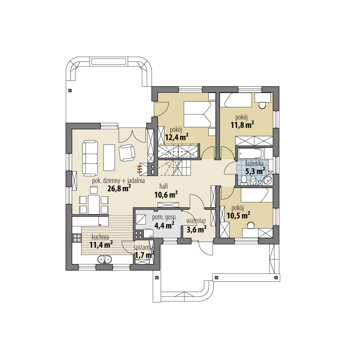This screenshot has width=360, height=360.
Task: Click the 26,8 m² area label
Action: pos(119,188)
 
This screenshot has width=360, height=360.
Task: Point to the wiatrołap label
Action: pos(196,221)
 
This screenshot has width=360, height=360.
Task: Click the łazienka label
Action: pos(255,163)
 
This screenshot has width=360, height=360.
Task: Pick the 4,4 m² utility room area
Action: pos(164,225)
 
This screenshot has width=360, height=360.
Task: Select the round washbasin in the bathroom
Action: pos(267,180)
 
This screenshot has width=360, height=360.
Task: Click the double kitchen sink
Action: pos(104,259)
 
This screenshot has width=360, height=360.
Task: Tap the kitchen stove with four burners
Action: pos(77,238)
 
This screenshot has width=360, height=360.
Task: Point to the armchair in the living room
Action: pos(127,153)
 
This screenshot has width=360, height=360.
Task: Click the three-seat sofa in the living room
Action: pos(89,158)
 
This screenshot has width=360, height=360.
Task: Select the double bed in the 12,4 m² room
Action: pos(198,114)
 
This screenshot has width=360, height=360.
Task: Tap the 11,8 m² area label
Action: pos(242,125)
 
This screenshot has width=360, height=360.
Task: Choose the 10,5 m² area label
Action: pos(238,215)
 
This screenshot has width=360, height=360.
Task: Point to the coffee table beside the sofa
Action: pos(109,157)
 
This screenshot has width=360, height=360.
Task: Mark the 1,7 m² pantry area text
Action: pos(145,255)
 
